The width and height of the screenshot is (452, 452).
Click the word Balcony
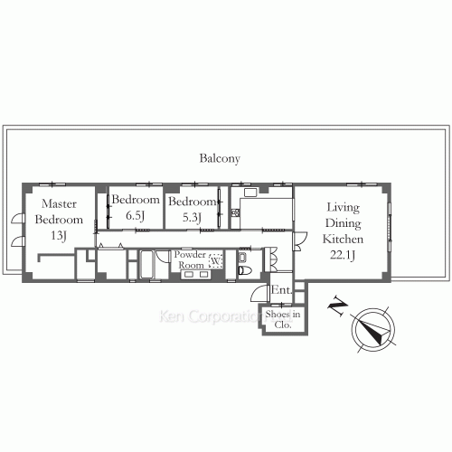coord(220,158)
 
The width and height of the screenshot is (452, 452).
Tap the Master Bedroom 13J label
coord(59,220)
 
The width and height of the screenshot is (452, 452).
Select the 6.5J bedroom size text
coord(136,216)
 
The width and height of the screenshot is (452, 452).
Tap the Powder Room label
coord(190,260)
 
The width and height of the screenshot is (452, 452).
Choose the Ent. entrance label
coord(280,290)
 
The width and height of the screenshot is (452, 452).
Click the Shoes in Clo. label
coord(283,318)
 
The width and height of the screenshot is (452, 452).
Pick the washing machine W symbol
coord(215,263)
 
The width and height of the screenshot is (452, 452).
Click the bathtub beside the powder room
coord(148,265)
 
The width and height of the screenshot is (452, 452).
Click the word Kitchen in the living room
coord(344,240)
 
